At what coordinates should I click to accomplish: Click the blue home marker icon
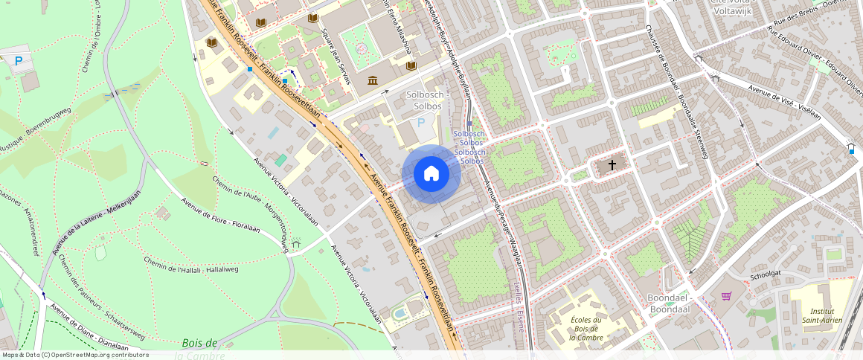[x=431, y=173]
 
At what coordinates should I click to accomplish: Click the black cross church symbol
[x=612, y=165]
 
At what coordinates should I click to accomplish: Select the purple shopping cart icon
[x=726, y=296]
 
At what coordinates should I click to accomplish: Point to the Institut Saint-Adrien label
[x=822, y=315]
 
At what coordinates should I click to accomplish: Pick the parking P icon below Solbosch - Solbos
[x=421, y=123]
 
